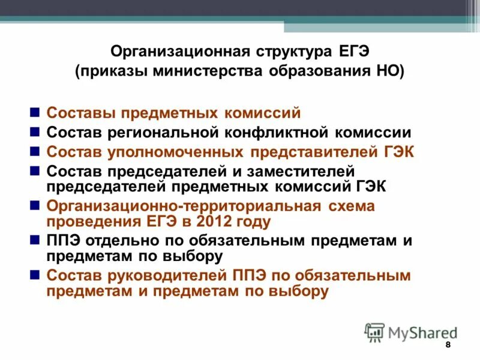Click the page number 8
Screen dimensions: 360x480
pos(448,347)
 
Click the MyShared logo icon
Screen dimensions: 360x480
pos(374,331)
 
